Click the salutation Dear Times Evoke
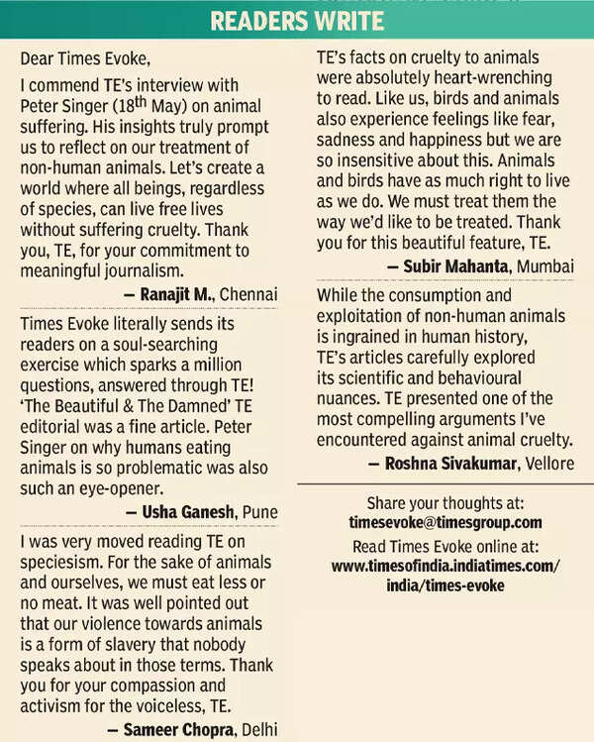click(84, 59)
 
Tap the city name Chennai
click(248, 293)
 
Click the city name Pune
click(259, 511)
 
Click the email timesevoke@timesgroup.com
click(445, 521)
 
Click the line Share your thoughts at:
click(445, 501)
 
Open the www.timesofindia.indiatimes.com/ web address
click(445, 566)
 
